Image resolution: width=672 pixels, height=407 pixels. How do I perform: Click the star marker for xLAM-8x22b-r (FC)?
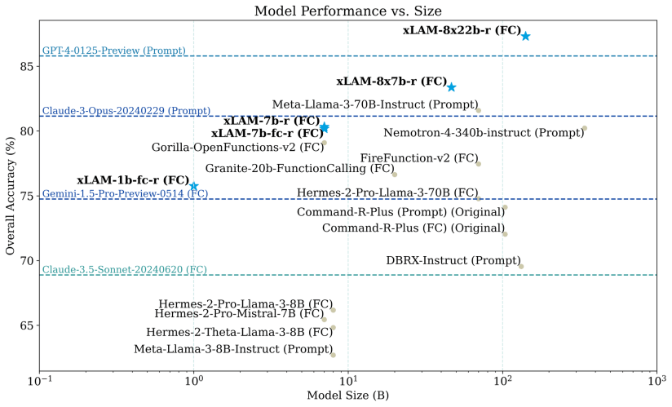tap(526, 36)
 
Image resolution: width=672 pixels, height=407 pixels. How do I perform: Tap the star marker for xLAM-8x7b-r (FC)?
tap(451, 87)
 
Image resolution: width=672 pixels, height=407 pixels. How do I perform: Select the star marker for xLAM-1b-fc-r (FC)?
tap(194, 187)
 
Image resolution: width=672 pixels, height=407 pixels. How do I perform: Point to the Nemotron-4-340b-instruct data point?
tap(585, 128)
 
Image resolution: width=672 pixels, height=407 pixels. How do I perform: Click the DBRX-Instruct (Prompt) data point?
tap(521, 266)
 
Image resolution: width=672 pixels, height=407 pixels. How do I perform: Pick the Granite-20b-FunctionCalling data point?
tap(395, 174)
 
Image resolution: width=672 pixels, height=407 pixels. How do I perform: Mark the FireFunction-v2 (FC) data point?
tap(479, 164)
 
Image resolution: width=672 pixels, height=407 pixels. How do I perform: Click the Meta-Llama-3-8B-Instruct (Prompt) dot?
tap(333, 355)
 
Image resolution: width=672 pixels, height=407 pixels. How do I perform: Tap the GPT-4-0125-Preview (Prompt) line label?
tap(113, 51)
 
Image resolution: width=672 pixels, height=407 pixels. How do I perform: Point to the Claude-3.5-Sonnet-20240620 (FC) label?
tap(124, 270)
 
